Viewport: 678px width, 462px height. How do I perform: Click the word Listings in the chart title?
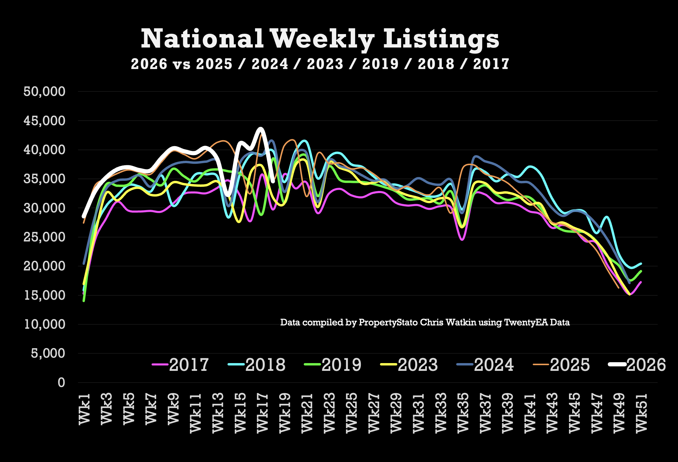pos(441,39)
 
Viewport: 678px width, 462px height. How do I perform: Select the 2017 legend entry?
pos(180,365)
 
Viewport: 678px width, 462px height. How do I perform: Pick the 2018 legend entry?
pos(256,365)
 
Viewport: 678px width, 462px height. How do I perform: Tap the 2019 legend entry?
pos(333,365)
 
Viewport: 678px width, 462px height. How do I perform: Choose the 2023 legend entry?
pos(409,365)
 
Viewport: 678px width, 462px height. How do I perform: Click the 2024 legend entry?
pos(485,365)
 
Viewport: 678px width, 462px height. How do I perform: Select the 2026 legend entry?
pos(637,365)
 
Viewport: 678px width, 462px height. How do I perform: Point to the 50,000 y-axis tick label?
pos(44,91)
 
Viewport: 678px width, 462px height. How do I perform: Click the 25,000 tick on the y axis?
pos(44,237)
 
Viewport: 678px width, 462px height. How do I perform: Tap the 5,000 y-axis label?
pos(48,353)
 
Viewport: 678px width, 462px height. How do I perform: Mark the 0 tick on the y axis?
pos(61,383)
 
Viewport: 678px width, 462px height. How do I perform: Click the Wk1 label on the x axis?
pos(85,409)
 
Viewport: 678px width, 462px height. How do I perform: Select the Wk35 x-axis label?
pos(463,413)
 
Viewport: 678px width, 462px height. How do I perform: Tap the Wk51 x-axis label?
pos(642,413)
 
